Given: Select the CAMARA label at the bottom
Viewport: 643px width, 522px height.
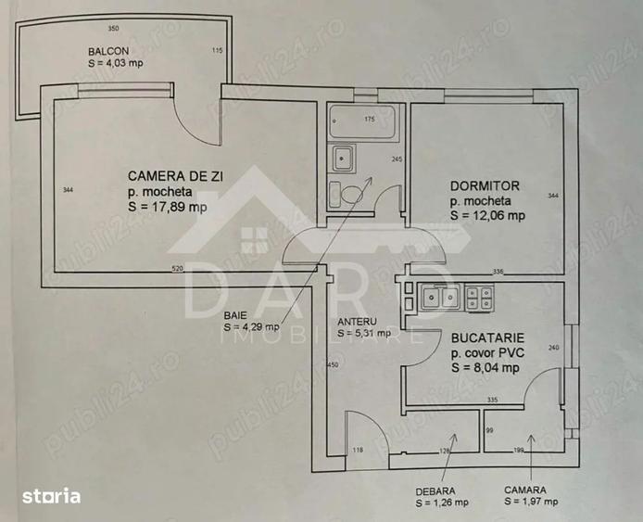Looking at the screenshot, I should click(525, 489).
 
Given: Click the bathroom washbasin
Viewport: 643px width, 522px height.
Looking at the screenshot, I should click(342, 158).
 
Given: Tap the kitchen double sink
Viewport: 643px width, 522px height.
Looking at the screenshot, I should click(440, 298).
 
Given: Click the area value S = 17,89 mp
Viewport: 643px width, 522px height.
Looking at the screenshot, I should click(168, 207).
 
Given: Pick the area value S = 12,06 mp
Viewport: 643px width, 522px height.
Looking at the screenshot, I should click(487, 215).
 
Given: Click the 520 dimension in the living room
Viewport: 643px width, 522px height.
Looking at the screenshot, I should click(177, 268).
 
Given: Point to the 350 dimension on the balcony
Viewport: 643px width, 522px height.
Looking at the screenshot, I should click(114, 29).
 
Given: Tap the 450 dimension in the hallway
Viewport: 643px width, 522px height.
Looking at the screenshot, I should click(334, 365).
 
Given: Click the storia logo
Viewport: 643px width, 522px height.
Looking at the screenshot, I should click(53, 496).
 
